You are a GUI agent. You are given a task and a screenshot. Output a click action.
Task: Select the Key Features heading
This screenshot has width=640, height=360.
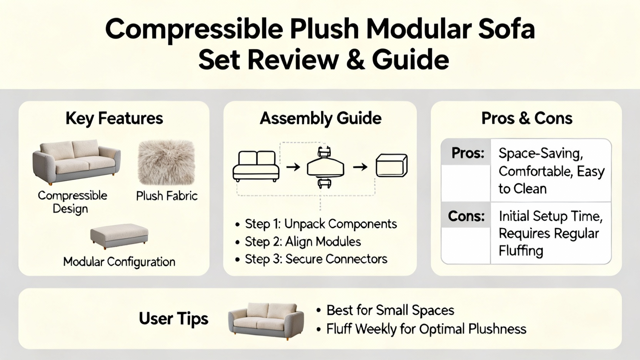tap(114, 118)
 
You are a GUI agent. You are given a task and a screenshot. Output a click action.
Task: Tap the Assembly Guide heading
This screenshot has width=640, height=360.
tap(320, 118)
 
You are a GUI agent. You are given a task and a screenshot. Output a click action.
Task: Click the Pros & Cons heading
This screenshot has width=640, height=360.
tap(527, 118)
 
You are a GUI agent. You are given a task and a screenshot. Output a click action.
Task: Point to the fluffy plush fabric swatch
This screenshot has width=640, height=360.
tap(166, 162)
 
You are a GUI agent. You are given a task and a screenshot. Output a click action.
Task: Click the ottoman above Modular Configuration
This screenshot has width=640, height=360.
tap(119, 236)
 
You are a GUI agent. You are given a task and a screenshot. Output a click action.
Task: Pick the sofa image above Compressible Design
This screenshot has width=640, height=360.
tap(76, 162)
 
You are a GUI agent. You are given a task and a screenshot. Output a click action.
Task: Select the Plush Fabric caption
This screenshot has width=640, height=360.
tap(167, 196)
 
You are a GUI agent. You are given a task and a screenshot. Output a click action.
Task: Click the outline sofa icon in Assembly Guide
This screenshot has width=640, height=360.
tap(256, 166)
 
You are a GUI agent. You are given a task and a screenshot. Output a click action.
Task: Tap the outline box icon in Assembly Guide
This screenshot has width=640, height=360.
tap(392, 166)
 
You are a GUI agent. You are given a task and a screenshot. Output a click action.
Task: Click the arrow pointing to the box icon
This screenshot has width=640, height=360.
tap(360, 167)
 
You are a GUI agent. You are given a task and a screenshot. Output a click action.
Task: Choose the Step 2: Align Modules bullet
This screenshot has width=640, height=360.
tap(298, 242)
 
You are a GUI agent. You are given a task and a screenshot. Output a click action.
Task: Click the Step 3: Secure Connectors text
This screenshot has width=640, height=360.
tap(316, 259)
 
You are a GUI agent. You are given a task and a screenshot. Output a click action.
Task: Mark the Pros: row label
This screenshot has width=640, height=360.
tap(468, 154)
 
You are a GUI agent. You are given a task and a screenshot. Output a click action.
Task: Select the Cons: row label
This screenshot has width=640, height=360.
tap(466, 216)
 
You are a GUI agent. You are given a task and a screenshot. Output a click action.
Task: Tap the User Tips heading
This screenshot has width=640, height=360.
tap(174, 319)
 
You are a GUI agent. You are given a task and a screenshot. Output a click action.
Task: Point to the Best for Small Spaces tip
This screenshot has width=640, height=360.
tap(386, 310)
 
